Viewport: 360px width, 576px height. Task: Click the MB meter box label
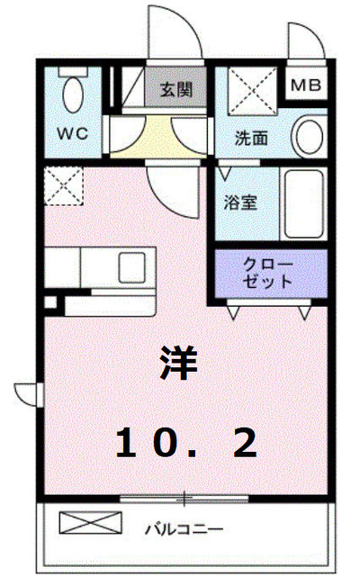[x=307, y=87]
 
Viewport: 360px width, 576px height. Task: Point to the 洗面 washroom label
[x=252, y=139]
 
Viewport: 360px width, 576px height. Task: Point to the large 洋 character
[x=179, y=363]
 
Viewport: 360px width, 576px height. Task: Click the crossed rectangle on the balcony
[x=89, y=523]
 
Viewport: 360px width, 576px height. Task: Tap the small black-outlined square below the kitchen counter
[x=50, y=303]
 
